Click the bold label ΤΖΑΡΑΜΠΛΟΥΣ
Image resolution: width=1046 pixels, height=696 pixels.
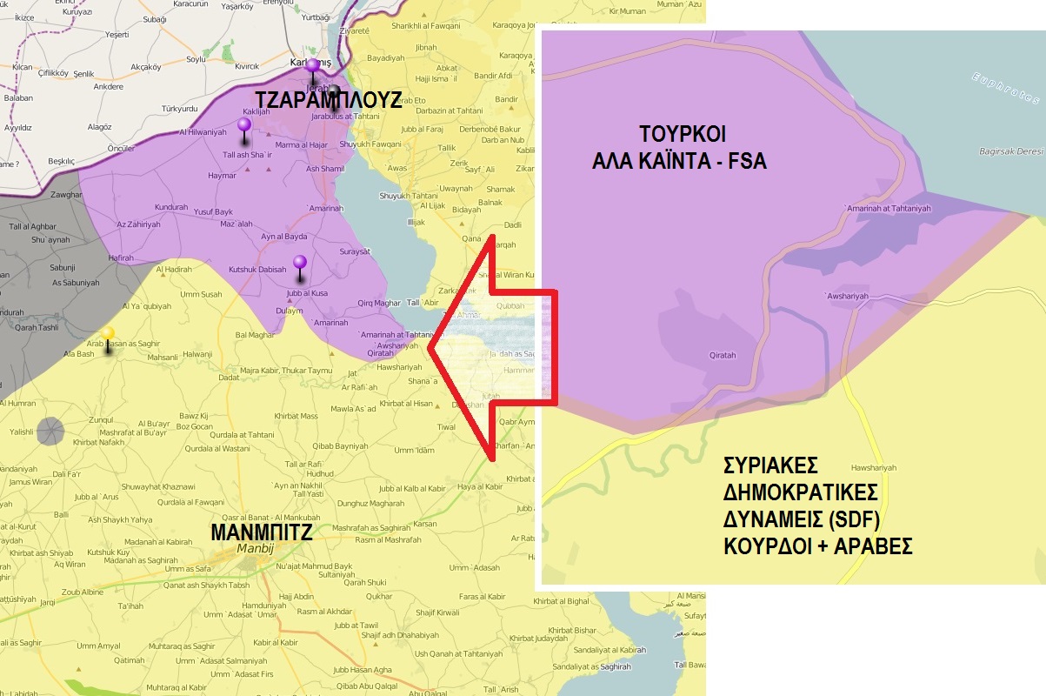coord(328,99)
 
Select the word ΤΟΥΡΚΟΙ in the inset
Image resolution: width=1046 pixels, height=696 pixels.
coord(682,135)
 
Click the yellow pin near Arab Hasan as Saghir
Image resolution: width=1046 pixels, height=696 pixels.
coord(107,334)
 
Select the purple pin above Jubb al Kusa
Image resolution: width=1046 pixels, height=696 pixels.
coord(300,263)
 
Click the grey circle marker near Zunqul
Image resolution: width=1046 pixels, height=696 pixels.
coord(50,430)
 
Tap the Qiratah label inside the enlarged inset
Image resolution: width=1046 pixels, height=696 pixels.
coord(723,356)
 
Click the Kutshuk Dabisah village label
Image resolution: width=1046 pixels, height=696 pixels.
coord(257,270)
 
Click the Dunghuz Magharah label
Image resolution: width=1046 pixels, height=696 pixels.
coord(370,503)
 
